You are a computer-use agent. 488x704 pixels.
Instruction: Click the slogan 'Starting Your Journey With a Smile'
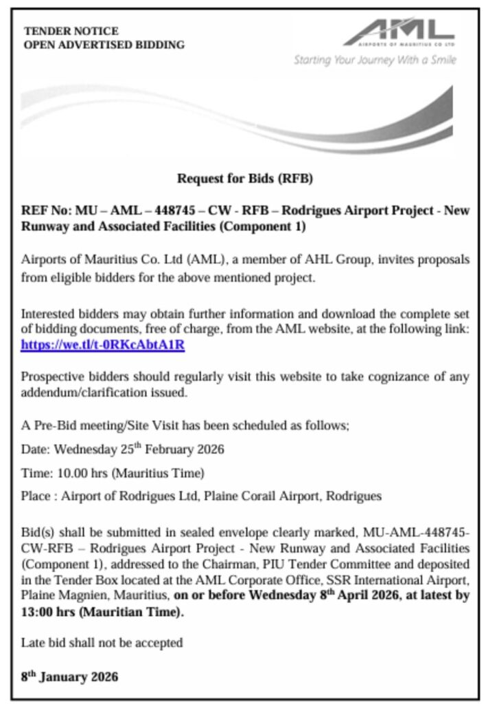point(375,60)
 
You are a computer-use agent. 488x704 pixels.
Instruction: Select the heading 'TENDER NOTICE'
point(71,31)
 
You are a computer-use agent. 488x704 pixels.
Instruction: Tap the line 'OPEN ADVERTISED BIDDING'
point(104,45)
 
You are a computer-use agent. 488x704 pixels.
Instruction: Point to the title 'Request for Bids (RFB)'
point(245,179)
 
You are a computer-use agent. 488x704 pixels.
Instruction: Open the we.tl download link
point(102,344)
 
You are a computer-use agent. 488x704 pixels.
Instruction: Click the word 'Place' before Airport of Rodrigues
point(36,495)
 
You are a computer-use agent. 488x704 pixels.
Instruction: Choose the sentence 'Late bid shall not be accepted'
point(102,643)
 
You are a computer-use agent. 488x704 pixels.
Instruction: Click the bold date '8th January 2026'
point(69,676)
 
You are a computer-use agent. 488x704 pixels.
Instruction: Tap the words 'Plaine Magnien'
point(56,595)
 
